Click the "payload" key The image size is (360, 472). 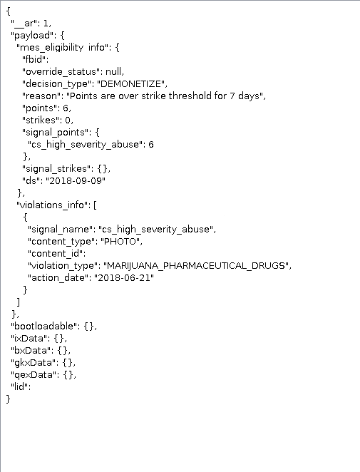[x=34, y=36]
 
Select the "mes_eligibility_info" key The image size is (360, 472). [x=65, y=48]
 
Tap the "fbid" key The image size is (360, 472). [x=34, y=59]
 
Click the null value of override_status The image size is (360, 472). [x=113, y=71]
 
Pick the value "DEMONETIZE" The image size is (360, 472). [x=131, y=83]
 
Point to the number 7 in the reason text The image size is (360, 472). [x=232, y=96]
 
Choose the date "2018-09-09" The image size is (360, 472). [x=76, y=180]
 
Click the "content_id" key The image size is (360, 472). [x=56, y=253]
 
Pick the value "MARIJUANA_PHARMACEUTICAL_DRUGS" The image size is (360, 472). [x=196, y=266]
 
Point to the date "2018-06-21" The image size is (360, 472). [x=124, y=277]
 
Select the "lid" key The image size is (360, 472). [x=19, y=387]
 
